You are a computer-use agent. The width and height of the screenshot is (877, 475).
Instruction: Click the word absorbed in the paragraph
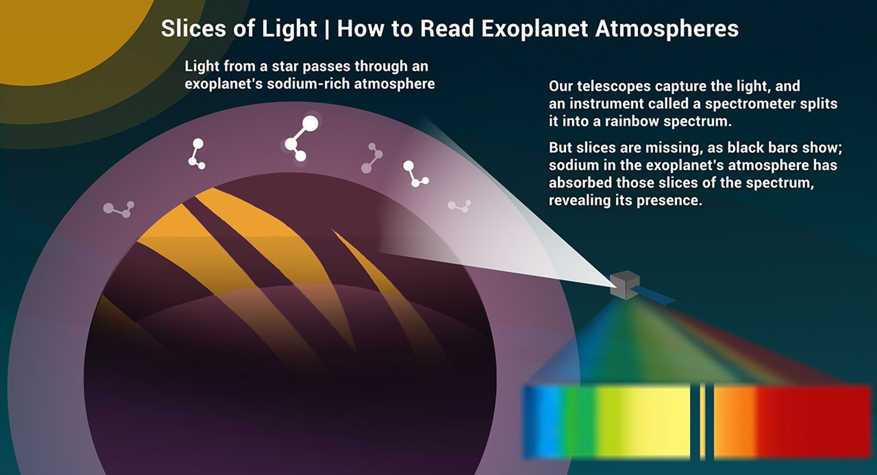579,183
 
